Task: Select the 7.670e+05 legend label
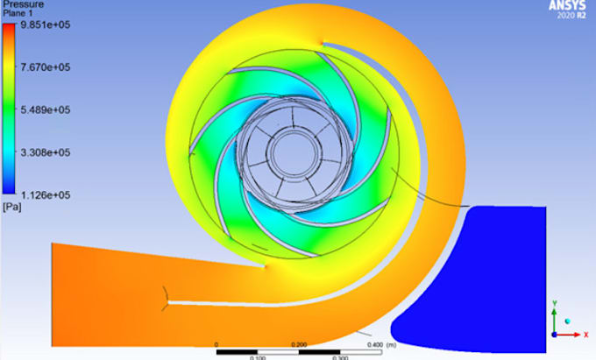click(x=46, y=67)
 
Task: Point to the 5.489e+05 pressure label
click(x=46, y=109)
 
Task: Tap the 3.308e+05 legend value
click(x=46, y=152)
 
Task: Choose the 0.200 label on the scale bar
click(x=299, y=343)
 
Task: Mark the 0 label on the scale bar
click(x=216, y=343)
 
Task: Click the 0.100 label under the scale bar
click(x=258, y=357)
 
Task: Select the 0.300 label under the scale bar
click(x=340, y=357)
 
